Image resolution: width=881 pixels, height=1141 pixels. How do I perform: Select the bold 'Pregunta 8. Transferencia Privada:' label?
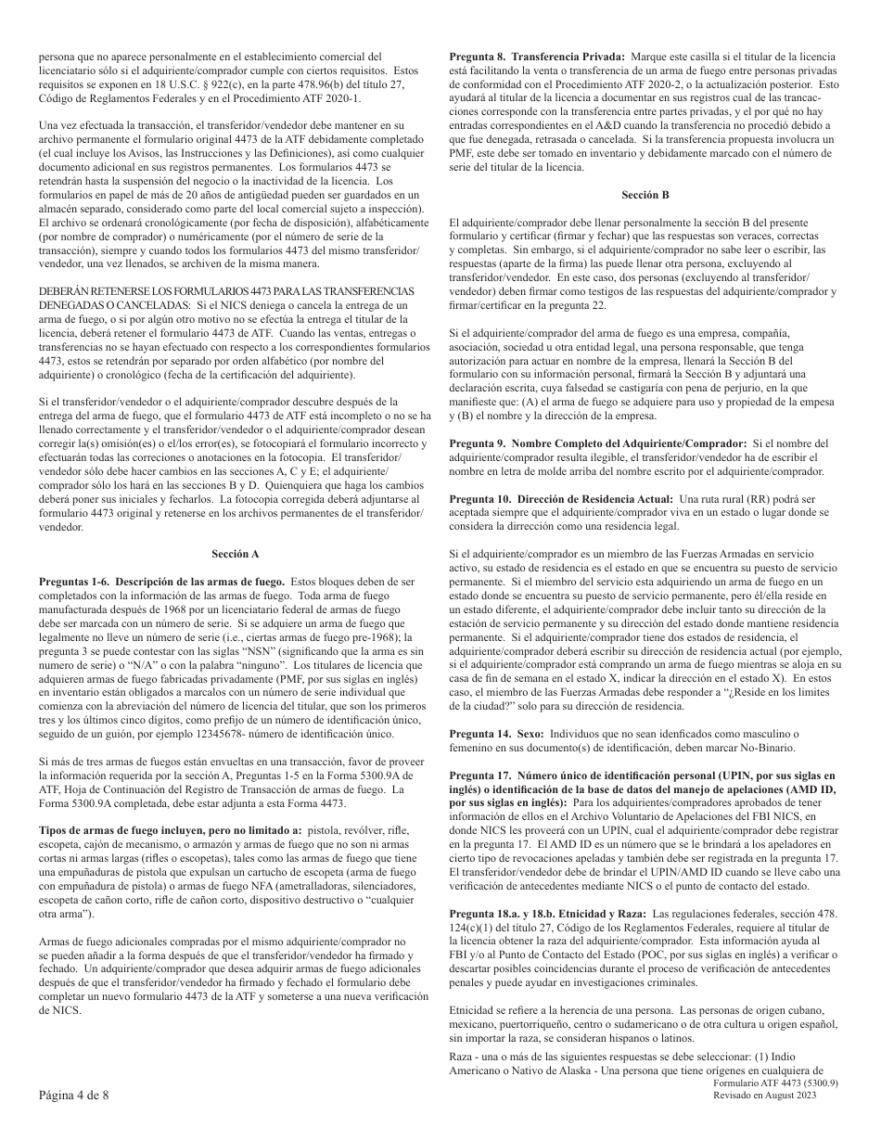pyautogui.click(x=537, y=58)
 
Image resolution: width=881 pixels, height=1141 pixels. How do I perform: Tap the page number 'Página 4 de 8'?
pyautogui.click(x=74, y=1095)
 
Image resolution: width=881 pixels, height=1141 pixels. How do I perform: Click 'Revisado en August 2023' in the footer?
pyautogui.click(x=777, y=1096)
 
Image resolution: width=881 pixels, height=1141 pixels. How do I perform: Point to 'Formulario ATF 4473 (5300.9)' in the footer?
pyautogui.click(x=777, y=1083)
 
